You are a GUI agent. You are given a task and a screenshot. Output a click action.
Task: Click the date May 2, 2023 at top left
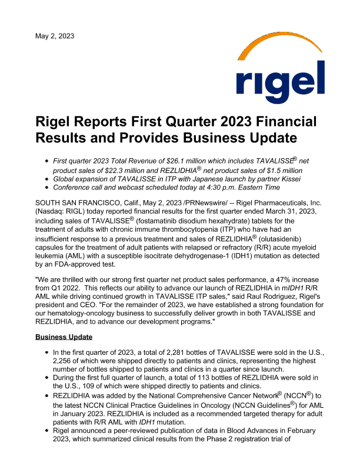pos(55,36)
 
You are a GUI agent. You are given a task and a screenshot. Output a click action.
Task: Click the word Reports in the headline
pos(104,122)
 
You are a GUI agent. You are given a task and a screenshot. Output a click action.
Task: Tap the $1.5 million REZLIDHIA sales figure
pos(284,170)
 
